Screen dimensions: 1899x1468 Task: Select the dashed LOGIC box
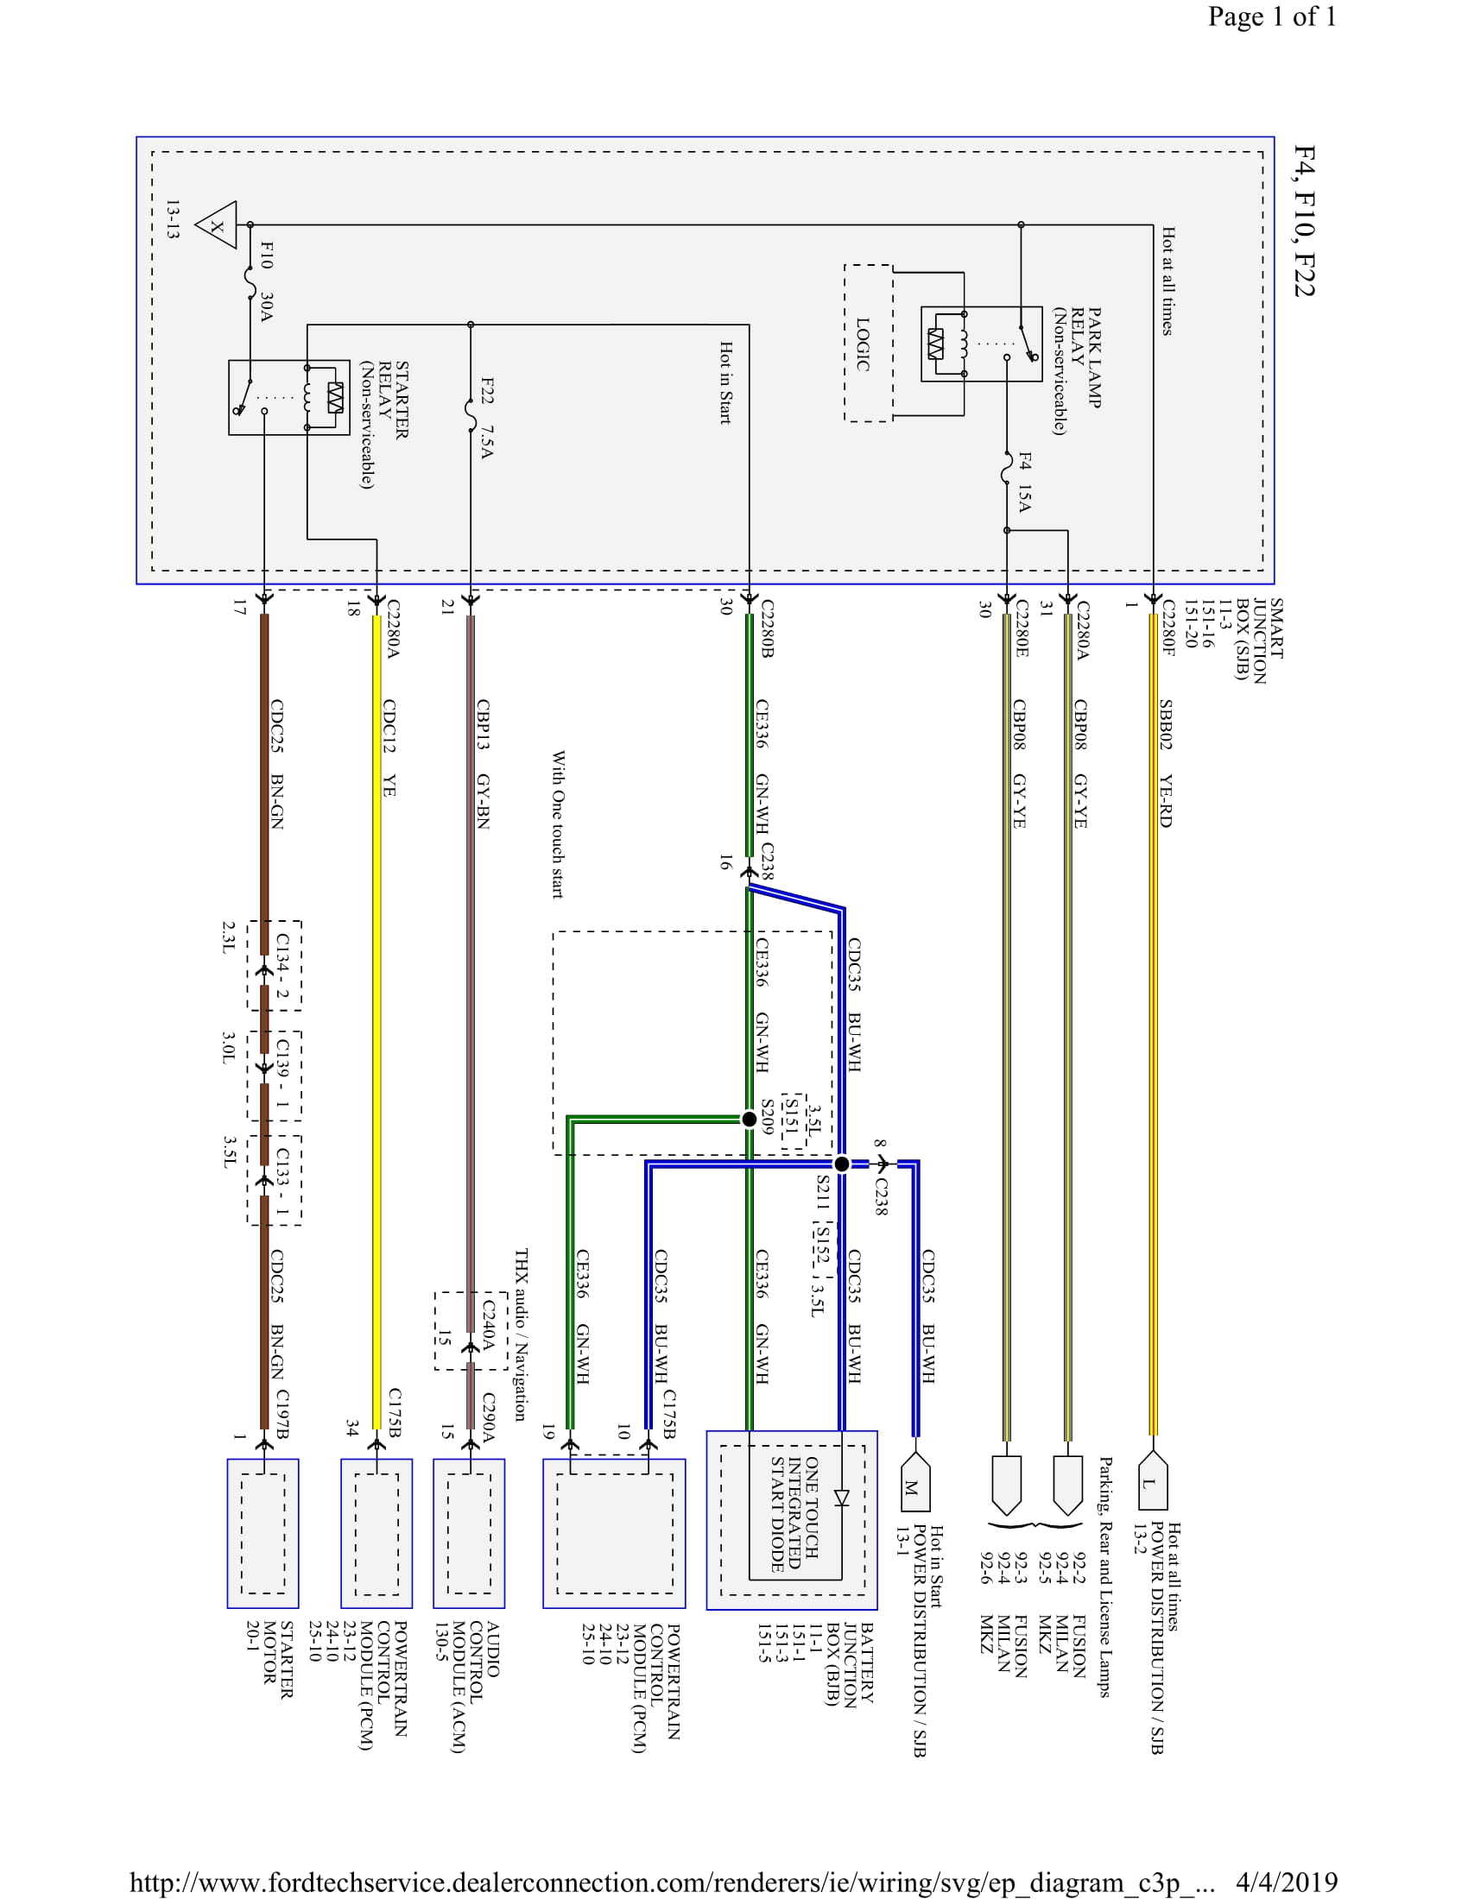pyautogui.click(x=867, y=344)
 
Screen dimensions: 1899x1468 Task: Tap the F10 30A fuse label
pyautogui.click(x=267, y=281)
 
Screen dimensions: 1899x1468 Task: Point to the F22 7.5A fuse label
pyautogui.click(x=487, y=418)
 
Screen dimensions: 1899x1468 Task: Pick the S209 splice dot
pyautogui.click(x=749, y=1119)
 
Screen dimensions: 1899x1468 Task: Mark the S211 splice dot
pyautogui.click(x=841, y=1164)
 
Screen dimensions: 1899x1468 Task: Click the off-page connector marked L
pyautogui.click(x=1151, y=1481)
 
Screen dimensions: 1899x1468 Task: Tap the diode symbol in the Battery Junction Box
pyautogui.click(x=841, y=1498)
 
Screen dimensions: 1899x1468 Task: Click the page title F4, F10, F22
pyautogui.click(x=1304, y=221)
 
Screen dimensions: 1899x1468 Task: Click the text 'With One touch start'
pyautogui.click(x=558, y=824)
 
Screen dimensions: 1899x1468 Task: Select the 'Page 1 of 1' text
pyautogui.click(x=1271, y=16)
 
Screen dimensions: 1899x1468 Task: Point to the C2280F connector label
pyautogui.click(x=1168, y=627)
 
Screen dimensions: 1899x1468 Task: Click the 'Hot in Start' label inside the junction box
pyautogui.click(x=725, y=382)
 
